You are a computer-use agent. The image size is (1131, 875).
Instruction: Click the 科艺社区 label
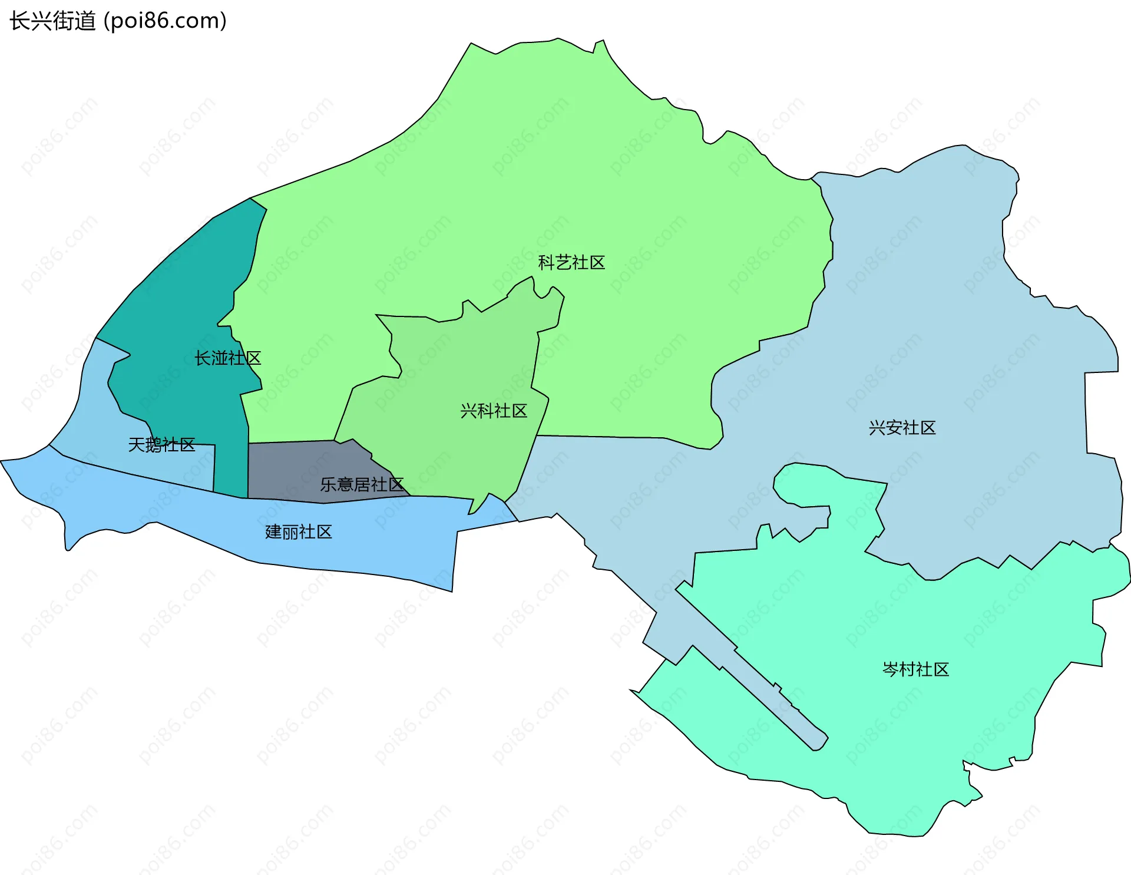click(571, 263)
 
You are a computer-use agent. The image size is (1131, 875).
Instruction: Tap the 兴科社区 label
click(494, 411)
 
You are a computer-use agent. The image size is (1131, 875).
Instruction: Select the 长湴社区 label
click(227, 358)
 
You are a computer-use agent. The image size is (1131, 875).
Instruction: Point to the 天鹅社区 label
click(161, 445)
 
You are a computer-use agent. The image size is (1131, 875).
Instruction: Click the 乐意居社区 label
click(362, 485)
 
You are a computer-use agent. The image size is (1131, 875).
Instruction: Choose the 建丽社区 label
click(299, 532)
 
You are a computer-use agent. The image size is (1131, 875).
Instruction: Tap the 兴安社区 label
click(902, 428)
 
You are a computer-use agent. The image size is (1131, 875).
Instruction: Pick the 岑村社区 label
click(915, 669)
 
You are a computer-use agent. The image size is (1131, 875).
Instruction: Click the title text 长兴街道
click(53, 21)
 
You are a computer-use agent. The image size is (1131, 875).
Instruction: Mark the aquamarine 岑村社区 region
click(943, 737)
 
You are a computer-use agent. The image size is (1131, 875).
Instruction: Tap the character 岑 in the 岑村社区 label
click(891, 669)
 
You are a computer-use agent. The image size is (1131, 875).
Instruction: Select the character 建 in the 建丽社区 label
click(274, 532)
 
